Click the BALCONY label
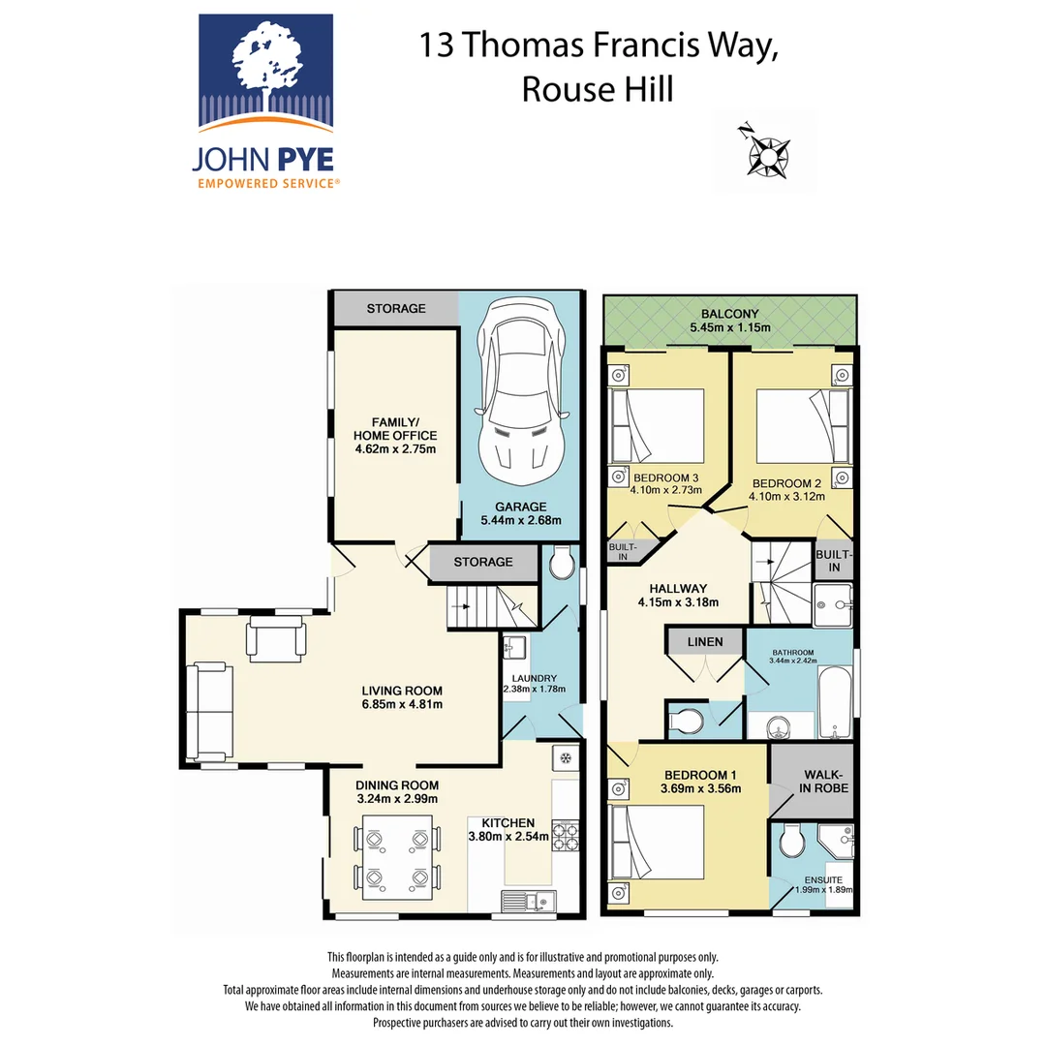(x=731, y=314)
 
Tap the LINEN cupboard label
(x=705, y=642)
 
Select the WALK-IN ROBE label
(x=823, y=781)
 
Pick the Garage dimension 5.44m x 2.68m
(x=520, y=520)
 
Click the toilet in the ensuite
(x=790, y=840)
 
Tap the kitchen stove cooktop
(x=565, y=835)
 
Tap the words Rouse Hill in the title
(x=597, y=89)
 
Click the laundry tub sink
(x=514, y=646)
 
